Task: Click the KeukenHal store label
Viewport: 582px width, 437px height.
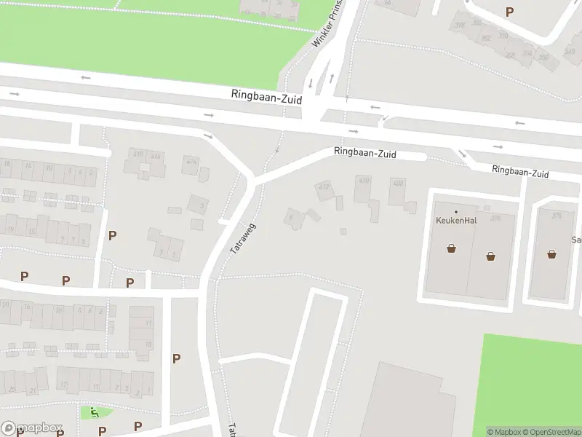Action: point(456,221)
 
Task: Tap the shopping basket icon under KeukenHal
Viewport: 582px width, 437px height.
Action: point(452,248)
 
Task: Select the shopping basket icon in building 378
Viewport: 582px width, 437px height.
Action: point(491,256)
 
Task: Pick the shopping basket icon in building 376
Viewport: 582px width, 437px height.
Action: point(552,254)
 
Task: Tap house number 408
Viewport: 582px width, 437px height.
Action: point(398,184)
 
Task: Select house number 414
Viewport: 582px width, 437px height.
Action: point(192,162)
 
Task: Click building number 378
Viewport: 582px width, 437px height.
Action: point(496,218)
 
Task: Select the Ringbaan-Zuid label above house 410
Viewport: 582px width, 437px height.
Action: point(365,153)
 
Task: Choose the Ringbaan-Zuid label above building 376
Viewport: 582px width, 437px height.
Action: point(519,173)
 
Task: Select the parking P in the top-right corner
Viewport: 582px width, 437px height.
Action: point(509,12)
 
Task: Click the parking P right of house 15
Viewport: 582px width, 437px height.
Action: point(112,235)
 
